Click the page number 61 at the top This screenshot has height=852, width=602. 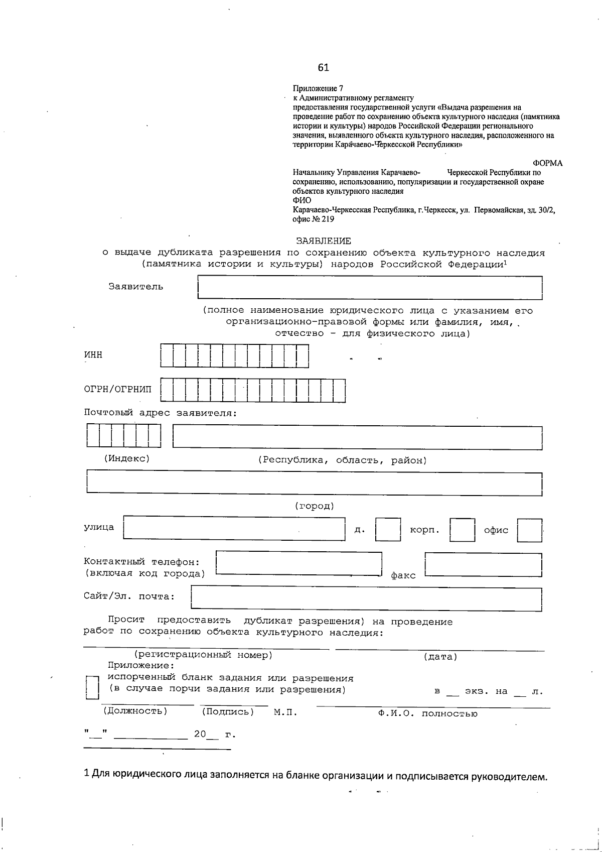[x=323, y=68]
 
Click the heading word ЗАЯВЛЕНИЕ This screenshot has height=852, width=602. [x=323, y=241]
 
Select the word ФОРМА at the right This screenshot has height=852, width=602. [x=547, y=163]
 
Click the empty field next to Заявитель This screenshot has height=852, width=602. [x=370, y=288]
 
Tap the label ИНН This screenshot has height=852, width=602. [x=93, y=354]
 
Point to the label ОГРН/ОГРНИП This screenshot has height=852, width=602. [x=117, y=389]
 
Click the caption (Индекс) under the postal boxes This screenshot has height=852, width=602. [x=127, y=458]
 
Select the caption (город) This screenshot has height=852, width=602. [x=314, y=506]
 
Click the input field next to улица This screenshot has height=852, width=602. [x=234, y=528]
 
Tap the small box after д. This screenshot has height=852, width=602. [x=388, y=530]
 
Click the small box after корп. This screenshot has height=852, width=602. [x=462, y=530]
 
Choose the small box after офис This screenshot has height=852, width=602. [x=529, y=530]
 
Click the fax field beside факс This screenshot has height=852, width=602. [x=483, y=565]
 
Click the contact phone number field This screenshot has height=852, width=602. [x=298, y=563]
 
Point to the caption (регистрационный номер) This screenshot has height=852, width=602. [x=203, y=655]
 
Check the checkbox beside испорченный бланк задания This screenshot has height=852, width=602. [x=92, y=687]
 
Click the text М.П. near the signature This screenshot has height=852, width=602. [x=285, y=712]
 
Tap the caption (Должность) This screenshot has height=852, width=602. [x=135, y=711]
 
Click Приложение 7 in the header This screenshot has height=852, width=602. [x=318, y=88]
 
